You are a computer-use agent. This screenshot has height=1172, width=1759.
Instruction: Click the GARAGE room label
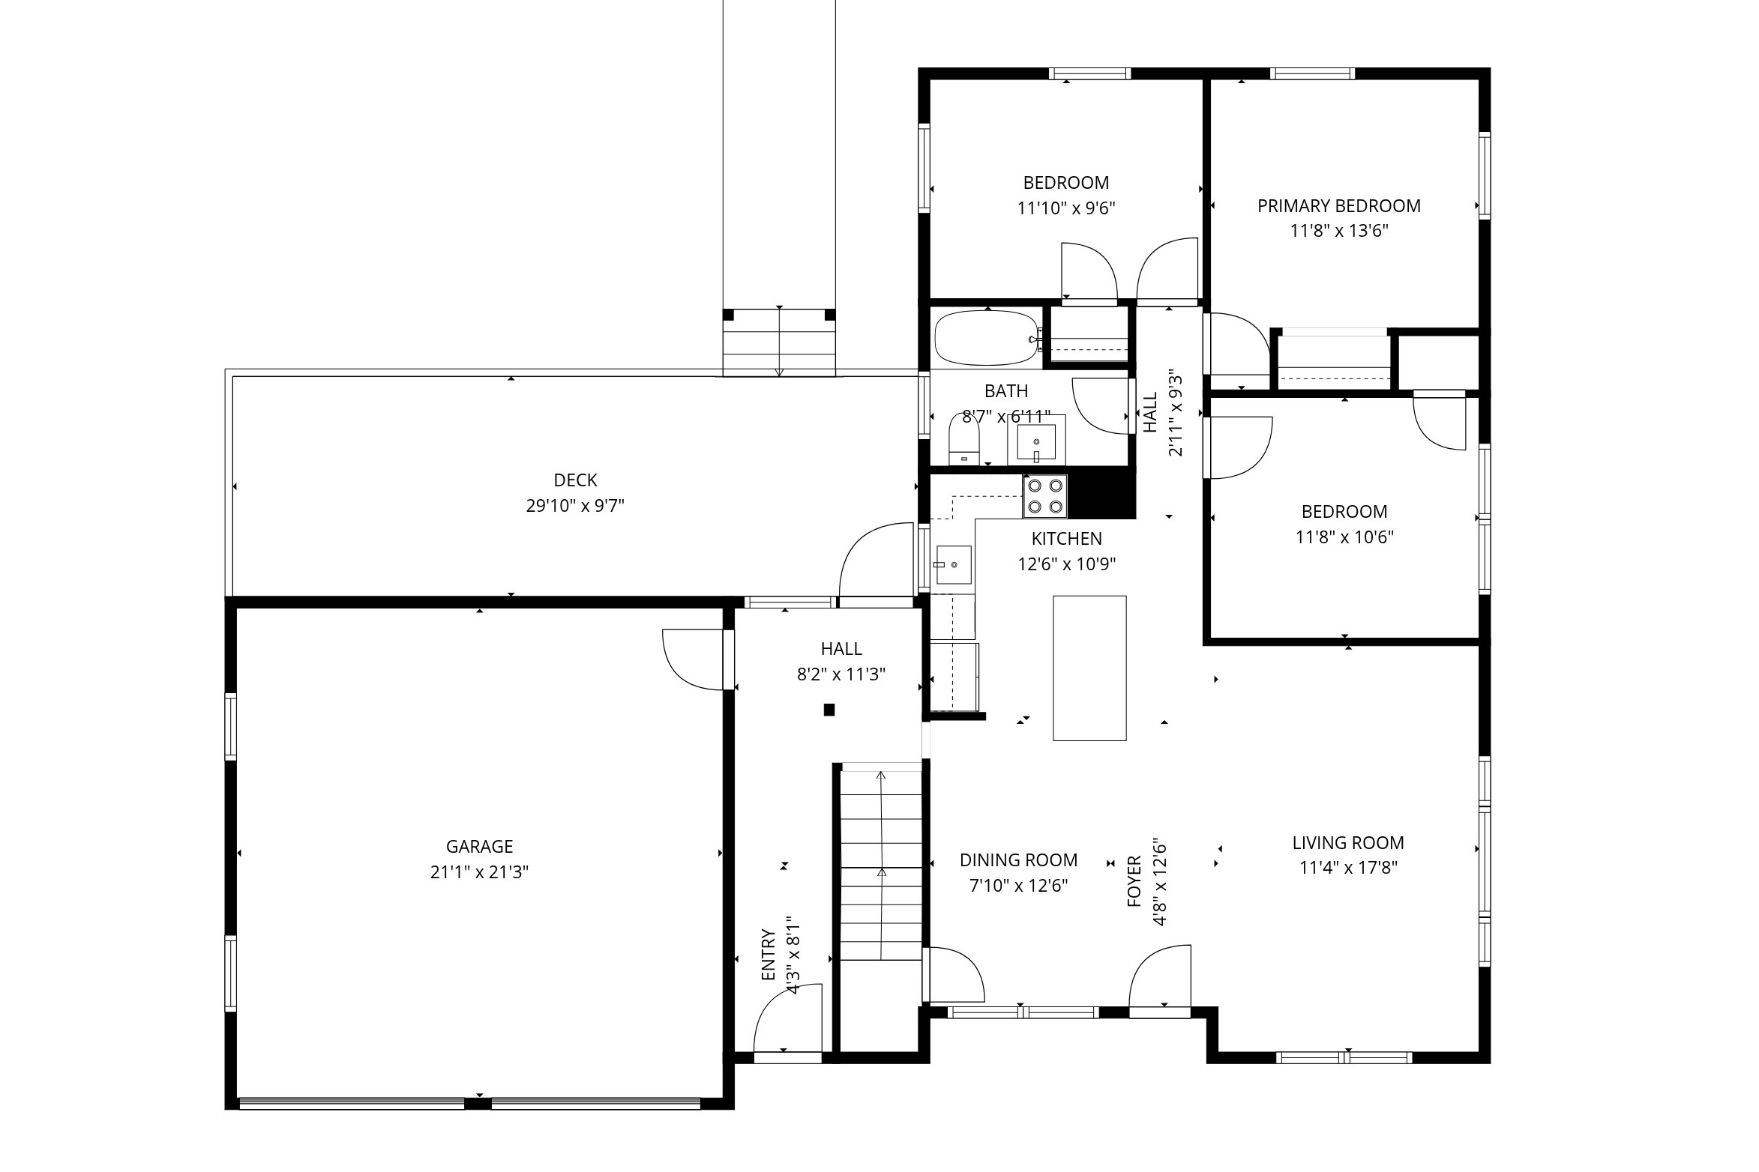pos(479,846)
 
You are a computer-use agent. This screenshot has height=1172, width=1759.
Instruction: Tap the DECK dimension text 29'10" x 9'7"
pos(575,506)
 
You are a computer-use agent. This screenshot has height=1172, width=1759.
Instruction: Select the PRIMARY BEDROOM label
pos(1338,205)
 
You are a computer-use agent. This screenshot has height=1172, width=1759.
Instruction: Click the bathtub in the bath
pos(987,338)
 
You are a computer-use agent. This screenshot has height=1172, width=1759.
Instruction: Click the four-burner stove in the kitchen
pos(1045,495)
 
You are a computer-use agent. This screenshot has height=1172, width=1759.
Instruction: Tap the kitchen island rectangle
pos(1089,668)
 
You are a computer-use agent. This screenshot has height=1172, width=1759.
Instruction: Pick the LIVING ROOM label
pos(1347,842)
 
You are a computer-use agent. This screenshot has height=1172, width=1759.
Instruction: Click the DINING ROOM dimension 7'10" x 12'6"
pos(1018,886)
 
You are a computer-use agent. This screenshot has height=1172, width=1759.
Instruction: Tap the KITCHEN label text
pos(1066,538)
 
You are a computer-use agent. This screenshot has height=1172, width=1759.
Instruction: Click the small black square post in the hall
pos(829,710)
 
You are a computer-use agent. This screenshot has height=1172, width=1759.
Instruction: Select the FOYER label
pos(1134,881)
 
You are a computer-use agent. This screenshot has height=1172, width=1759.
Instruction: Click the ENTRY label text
pos(768,955)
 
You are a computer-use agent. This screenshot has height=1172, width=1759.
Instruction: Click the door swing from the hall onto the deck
pos(876,560)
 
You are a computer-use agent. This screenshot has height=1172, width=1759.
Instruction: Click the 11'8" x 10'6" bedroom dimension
pos(1344,537)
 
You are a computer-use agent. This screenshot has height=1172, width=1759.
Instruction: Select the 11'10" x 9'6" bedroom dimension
pos(1066,208)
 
